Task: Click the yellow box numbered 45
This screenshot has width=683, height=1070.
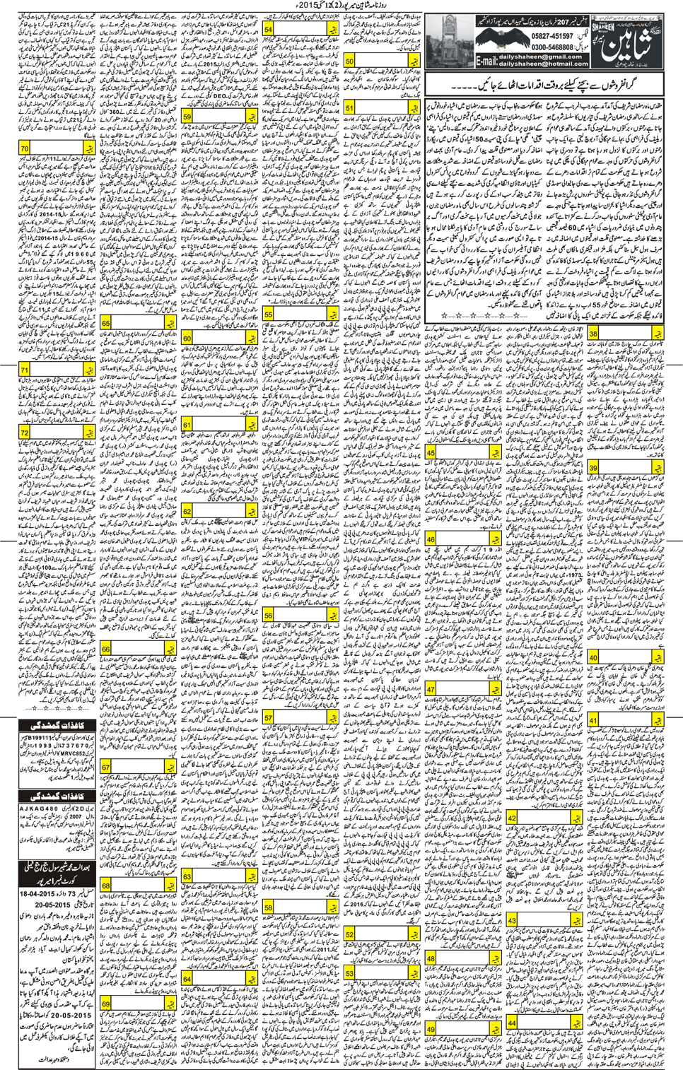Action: (431, 452)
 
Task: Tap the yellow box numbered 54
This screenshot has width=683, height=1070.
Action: (269, 29)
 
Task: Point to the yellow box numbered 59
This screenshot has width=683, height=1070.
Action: (187, 117)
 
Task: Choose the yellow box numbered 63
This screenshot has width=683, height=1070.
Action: (187, 876)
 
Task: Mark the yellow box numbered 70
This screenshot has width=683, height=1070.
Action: (25, 149)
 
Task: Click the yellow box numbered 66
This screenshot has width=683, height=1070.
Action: (106, 649)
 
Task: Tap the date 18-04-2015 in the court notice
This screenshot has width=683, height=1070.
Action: (40, 893)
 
